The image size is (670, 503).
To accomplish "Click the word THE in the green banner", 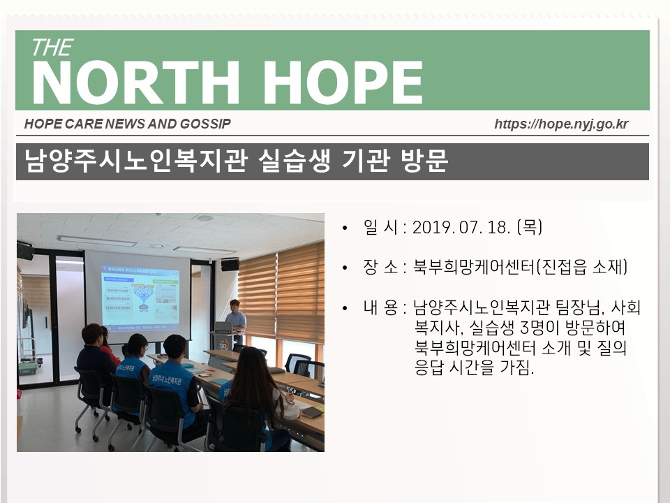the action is point(52,48).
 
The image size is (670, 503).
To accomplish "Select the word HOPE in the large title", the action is point(343,82).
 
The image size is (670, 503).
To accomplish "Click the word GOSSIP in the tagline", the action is point(205,124).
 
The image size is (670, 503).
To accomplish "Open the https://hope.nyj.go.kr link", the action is point(561,124).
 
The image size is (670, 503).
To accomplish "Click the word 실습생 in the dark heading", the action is point(294,161).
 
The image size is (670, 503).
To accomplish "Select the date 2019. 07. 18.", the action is point(461,227).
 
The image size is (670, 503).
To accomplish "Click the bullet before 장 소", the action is point(345,268).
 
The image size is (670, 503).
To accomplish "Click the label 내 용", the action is point(380,307).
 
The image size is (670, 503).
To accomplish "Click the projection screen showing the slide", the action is point(137,297).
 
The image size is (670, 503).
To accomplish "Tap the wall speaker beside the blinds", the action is point(230,265).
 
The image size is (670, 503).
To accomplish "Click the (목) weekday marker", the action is point(530,227).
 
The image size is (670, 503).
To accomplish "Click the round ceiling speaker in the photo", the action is point(205,218).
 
